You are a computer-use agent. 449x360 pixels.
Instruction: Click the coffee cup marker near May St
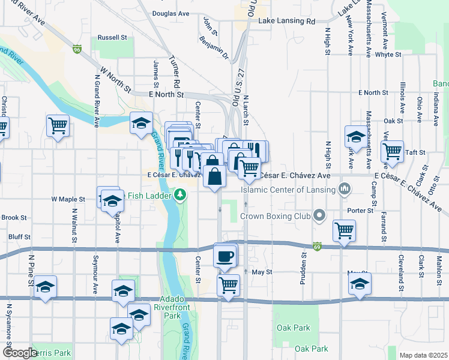tap(225, 256)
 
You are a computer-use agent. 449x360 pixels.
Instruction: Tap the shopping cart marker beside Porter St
tap(344, 230)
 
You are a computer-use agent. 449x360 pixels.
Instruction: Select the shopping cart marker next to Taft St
tap(392, 152)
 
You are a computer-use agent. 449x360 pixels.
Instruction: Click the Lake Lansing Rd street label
tap(286, 22)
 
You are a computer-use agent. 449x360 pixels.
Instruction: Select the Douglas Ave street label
tap(170, 13)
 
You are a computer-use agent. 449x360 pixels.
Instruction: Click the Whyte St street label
tap(388, 55)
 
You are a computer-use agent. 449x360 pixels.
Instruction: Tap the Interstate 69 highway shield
tap(316, 247)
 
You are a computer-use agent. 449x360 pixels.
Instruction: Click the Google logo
tap(20, 353)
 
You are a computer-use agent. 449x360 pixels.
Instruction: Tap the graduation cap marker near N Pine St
tap(46, 287)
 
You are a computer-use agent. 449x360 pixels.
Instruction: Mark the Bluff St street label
tap(20, 237)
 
